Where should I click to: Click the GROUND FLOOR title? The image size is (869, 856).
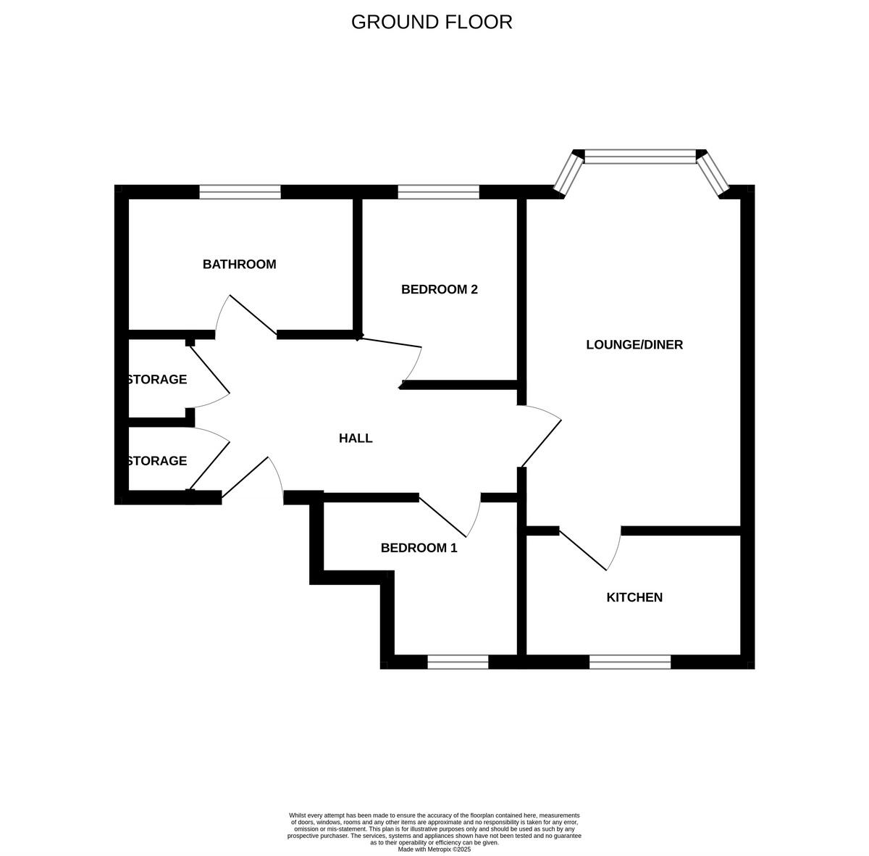pyautogui.click(x=432, y=22)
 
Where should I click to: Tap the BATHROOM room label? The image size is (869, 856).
pyautogui.click(x=239, y=265)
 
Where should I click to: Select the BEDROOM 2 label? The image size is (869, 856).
pyautogui.click(x=439, y=290)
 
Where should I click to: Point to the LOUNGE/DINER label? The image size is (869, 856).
pyautogui.click(x=634, y=345)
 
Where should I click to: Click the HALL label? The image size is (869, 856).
pyautogui.click(x=356, y=439)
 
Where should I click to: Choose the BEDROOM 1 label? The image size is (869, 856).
pyautogui.click(x=419, y=549)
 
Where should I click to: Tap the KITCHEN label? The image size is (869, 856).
pyautogui.click(x=634, y=598)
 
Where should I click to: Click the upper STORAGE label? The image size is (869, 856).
pyautogui.click(x=157, y=380)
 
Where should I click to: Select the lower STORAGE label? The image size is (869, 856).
pyautogui.click(x=157, y=461)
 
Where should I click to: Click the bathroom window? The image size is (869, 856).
pyautogui.click(x=240, y=192)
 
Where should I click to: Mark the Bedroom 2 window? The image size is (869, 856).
pyautogui.click(x=438, y=192)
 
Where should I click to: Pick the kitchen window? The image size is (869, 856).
pyautogui.click(x=629, y=662)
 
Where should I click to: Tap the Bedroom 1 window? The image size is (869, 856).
pyautogui.click(x=458, y=662)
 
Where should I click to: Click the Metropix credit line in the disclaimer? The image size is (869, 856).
pyautogui.click(x=434, y=849)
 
